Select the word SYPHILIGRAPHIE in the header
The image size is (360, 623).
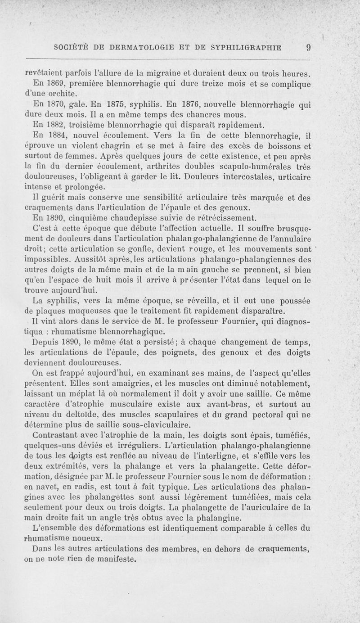click(243, 48)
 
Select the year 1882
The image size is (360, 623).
click(56, 125)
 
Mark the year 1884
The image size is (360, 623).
click(56, 135)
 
